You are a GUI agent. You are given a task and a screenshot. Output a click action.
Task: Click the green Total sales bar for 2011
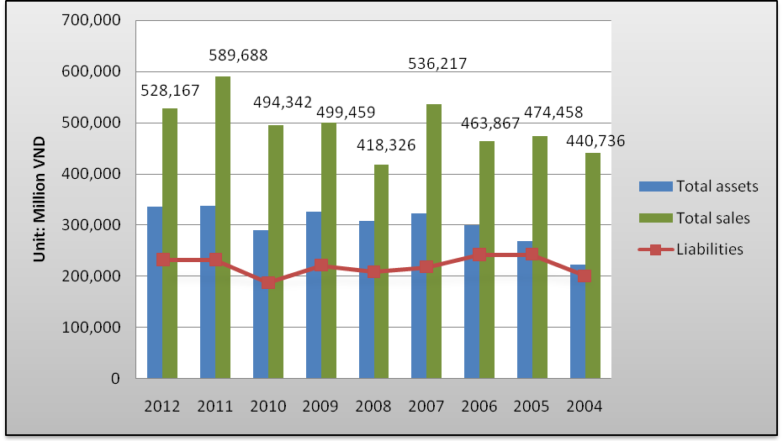(x=223, y=227)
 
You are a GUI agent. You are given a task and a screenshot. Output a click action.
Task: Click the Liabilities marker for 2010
(x=268, y=282)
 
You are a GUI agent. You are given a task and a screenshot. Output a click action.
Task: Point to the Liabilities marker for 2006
(x=479, y=254)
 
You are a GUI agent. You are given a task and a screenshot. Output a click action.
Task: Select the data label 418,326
(x=384, y=144)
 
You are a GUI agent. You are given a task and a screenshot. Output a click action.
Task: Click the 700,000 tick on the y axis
(x=92, y=20)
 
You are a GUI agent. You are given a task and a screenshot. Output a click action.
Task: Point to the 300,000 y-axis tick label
(x=92, y=225)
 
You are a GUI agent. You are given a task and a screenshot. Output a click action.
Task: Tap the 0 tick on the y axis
(x=115, y=379)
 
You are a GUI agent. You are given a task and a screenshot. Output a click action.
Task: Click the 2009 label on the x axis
(x=320, y=407)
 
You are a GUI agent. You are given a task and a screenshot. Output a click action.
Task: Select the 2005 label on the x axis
(x=532, y=407)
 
